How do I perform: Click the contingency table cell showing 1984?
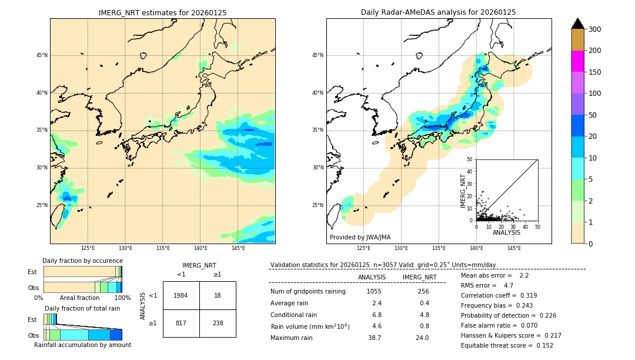tap(181, 295)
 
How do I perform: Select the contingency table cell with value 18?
tap(218, 295)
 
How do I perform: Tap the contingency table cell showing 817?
tap(181, 323)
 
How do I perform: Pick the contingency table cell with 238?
tap(218, 323)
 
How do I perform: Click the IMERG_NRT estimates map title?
tap(162, 12)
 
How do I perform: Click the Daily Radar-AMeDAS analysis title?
tap(438, 12)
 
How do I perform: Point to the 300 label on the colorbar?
tap(595, 29)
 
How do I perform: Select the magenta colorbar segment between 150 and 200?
tap(577, 61)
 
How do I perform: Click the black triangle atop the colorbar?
tap(577, 24)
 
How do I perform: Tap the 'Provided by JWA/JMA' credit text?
tap(360, 238)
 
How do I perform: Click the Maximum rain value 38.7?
tap(375, 338)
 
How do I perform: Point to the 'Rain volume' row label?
tap(310, 326)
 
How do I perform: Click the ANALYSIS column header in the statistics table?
tap(372, 277)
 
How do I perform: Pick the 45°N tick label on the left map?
tap(42, 55)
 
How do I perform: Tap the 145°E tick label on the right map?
tap(514, 248)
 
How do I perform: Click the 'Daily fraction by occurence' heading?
tap(82, 261)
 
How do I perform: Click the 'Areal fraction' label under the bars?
tap(80, 298)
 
